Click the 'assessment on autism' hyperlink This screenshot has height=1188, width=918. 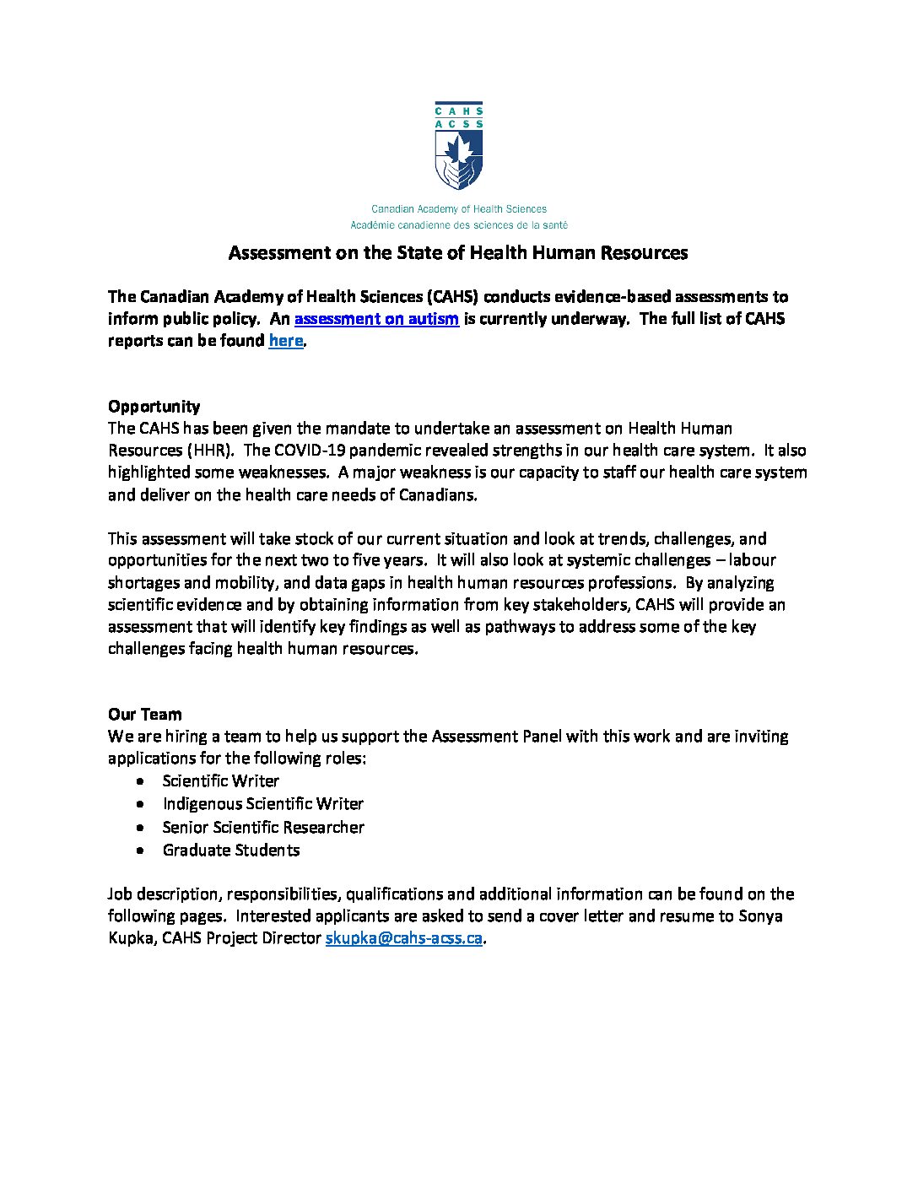376,319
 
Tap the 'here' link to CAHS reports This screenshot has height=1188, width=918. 285,341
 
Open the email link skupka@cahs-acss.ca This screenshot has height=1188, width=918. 403,938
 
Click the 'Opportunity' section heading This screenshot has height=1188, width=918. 154,406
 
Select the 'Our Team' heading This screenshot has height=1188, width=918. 144,714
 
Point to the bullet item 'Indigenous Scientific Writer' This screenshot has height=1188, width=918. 262,804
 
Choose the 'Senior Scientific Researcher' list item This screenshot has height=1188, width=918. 263,828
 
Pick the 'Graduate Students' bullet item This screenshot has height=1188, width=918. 230,850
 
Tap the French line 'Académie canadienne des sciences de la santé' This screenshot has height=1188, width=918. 459,225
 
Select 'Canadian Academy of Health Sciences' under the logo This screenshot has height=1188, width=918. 459,209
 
